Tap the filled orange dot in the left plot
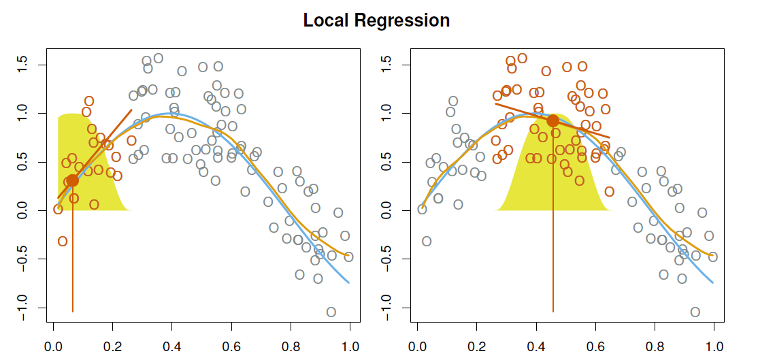coord(72,180)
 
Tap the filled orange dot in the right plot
coord(553,120)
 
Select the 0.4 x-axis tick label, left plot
coord(172,346)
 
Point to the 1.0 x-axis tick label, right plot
coord(714,346)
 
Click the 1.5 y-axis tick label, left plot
coord(23,65)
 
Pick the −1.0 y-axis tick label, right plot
coord(387,308)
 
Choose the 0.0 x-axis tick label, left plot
coord(53,346)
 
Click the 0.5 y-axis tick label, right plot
coord(387,162)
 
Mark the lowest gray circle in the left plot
coord(331,312)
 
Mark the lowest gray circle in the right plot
coord(695,312)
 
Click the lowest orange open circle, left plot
coord(63,241)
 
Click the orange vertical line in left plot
coord(72,259)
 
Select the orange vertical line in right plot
coord(553,259)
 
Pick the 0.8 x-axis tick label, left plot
coord(291,346)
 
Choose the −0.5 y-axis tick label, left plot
coord(23,259)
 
